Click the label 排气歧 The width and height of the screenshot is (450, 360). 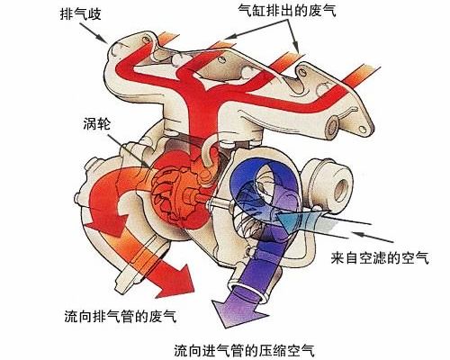[x=81, y=13]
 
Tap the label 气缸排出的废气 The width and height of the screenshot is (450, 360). [x=287, y=11]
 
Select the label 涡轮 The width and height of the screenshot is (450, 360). [x=97, y=123]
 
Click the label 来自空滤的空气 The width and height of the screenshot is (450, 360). [x=380, y=257]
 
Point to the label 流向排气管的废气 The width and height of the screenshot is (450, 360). [x=121, y=316]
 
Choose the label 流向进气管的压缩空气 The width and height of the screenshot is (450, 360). [x=244, y=350]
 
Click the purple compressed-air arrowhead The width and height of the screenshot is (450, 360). [x=237, y=312]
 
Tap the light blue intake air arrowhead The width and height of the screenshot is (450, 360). [x=287, y=220]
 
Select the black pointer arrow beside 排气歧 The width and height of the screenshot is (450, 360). [x=94, y=32]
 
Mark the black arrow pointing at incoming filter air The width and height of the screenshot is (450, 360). [x=373, y=237]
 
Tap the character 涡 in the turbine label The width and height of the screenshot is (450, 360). [x=90, y=123]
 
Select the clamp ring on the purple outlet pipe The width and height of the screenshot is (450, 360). [x=250, y=288]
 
